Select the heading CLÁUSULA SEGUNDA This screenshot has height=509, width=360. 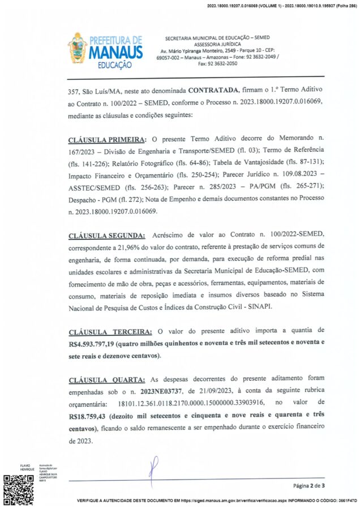[106, 235]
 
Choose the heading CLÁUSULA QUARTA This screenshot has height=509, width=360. [105, 377]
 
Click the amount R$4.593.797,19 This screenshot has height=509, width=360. [93, 343]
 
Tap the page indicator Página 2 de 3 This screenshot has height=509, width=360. [308, 485]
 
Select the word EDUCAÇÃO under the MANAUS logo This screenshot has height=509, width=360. [115, 65]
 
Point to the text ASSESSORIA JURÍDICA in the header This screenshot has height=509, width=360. [217, 44]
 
